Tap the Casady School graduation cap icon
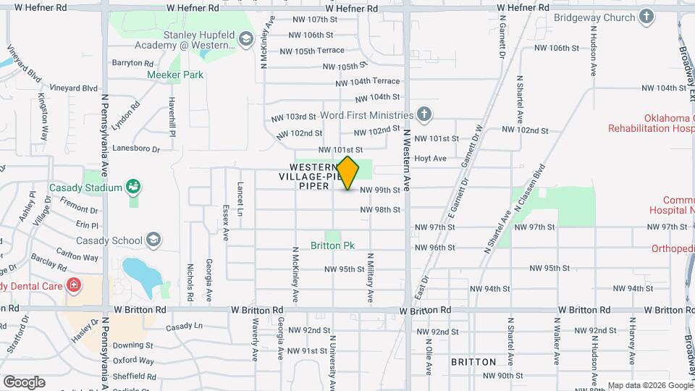pos(153,240)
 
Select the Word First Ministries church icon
pos(424,114)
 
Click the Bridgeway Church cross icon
pos(646,17)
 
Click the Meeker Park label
pos(175,75)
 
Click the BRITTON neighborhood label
pos(473,361)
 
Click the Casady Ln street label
pos(184,327)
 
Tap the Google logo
pos(24,382)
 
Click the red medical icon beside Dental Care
pos(73,285)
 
